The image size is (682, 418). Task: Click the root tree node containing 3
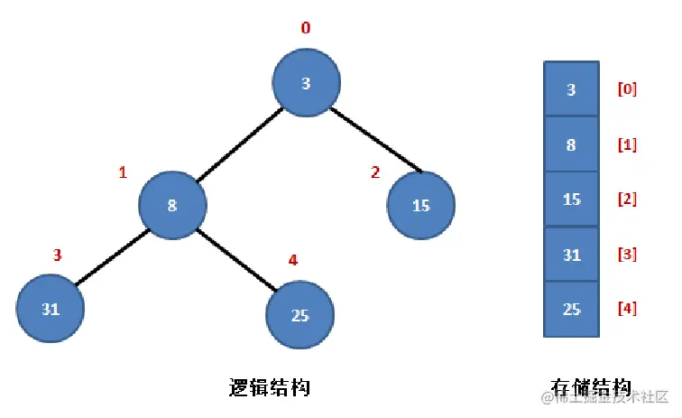306,82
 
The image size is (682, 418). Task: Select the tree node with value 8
172,205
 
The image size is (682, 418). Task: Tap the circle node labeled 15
421,205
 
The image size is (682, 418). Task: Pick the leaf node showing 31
50,308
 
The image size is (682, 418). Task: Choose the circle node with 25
300,315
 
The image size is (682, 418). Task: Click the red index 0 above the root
306,28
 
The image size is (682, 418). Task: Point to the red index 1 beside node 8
123,172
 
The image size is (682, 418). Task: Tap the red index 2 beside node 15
375,172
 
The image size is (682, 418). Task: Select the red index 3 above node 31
58,255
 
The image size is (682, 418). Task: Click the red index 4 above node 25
293,260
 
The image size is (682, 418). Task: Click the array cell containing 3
572,88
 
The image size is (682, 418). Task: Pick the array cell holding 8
572,144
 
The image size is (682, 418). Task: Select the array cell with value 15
572,199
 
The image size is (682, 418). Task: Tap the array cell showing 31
572,255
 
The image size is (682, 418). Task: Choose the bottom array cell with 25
572,310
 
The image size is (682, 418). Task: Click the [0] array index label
627,89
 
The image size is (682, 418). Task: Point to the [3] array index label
627,254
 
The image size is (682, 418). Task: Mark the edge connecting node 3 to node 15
376,140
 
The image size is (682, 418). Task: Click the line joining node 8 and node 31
112,257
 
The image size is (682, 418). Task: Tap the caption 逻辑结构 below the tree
269,387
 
